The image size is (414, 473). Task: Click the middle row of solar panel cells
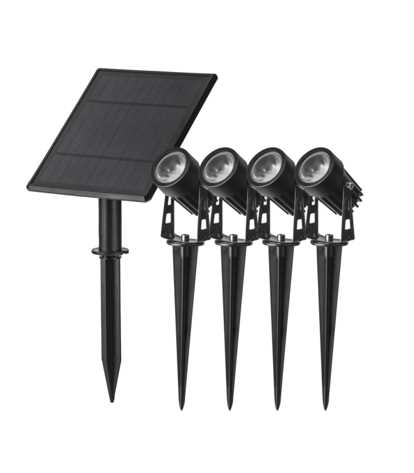tap(119, 129)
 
